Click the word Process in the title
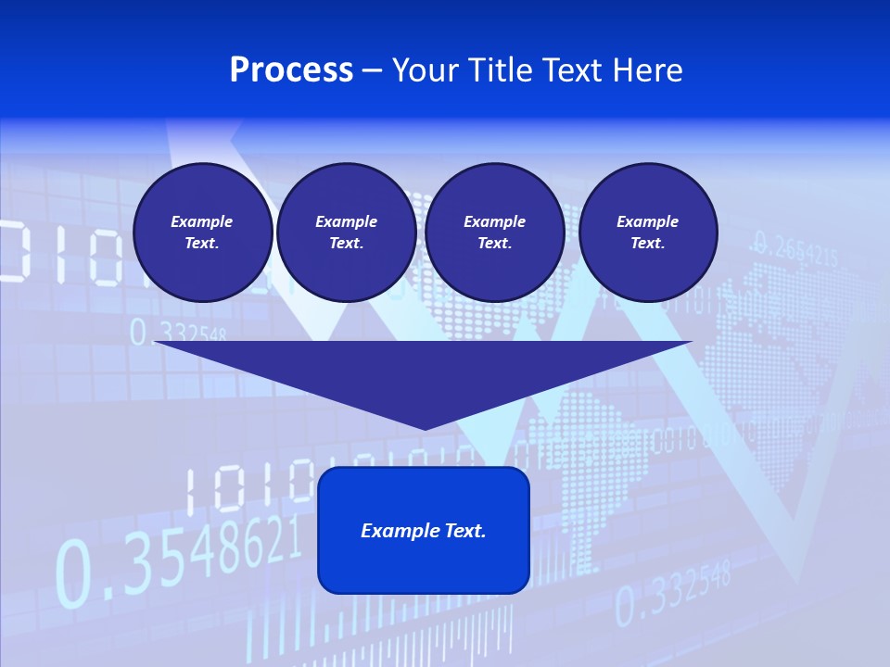click(291, 70)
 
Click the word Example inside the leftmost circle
click(202, 221)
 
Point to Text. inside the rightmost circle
click(647, 243)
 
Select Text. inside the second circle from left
click(346, 243)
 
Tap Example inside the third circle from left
click(494, 221)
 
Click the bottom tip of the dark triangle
click(424, 427)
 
